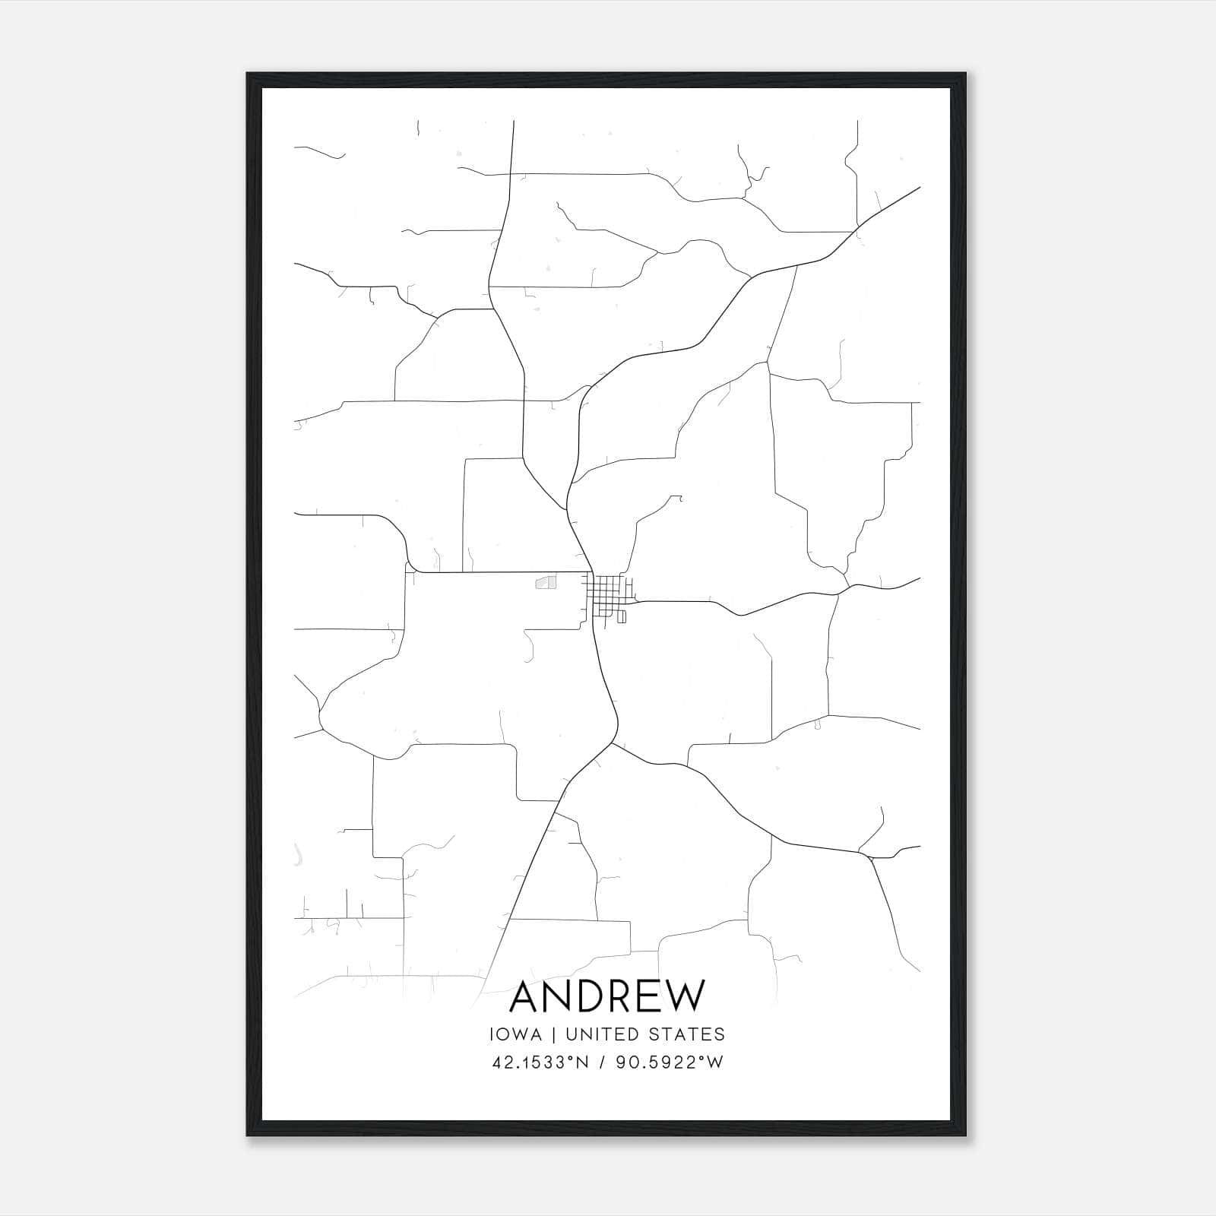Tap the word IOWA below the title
click(516, 1034)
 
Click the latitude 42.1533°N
click(539, 1062)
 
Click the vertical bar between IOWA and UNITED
click(553, 1034)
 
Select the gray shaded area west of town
click(546, 582)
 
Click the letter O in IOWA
click(508, 1034)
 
